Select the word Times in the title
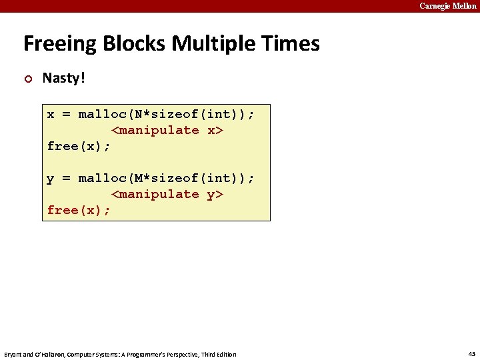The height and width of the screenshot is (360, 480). tap(293, 44)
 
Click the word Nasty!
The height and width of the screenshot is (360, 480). tap(64, 78)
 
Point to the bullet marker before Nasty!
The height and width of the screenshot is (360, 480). tap(27, 79)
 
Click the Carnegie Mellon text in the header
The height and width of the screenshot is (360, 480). tap(447, 6)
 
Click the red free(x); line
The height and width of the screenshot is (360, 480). tap(79, 210)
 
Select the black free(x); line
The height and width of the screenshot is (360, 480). tap(79, 146)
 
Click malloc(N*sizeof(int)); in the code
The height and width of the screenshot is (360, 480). tap(166, 114)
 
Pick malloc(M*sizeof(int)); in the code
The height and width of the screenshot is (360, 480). tap(166, 178)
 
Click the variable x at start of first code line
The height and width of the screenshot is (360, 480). tap(51, 114)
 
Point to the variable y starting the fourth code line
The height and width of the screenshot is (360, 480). tap(51, 178)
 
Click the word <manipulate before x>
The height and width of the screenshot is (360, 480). tap(155, 130)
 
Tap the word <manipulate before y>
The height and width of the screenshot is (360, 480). tap(155, 194)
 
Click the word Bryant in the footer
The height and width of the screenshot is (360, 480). tap(14, 354)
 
